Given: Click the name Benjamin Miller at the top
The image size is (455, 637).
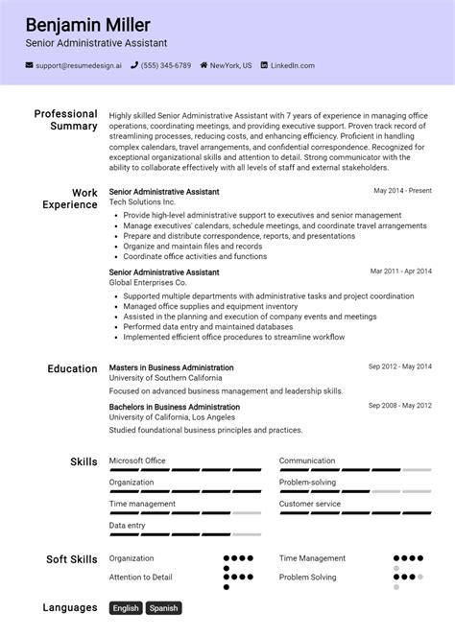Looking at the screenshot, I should click(88, 24).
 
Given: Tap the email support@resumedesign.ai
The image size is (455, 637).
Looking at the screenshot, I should click(78, 65).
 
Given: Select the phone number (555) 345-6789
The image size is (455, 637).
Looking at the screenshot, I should click(167, 65).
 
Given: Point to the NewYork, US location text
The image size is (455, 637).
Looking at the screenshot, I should click(229, 65).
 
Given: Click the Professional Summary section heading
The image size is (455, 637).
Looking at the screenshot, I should click(66, 120).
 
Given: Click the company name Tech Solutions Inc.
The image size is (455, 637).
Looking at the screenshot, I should click(142, 203).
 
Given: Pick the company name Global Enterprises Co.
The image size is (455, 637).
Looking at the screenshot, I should click(148, 283).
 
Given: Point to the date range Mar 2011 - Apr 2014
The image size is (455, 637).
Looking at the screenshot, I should click(401, 271).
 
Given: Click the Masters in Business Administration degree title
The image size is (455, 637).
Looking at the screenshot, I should click(171, 367).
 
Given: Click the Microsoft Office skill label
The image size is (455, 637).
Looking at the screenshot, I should click(137, 460).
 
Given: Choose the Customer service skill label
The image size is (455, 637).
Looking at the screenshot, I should click(310, 504).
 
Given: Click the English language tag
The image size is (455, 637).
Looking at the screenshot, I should click(126, 608).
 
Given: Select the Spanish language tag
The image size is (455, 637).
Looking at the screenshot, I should click(163, 608).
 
